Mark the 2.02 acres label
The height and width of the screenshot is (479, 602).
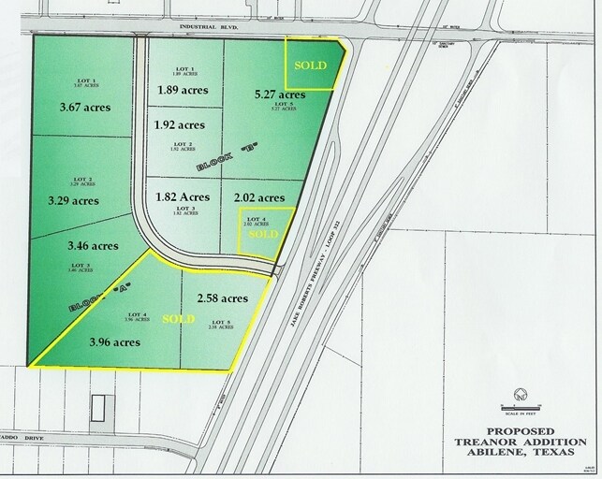coord(257,197)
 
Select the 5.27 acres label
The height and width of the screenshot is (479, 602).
coord(280,94)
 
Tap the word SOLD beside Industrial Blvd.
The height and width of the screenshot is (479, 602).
coord(312,65)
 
